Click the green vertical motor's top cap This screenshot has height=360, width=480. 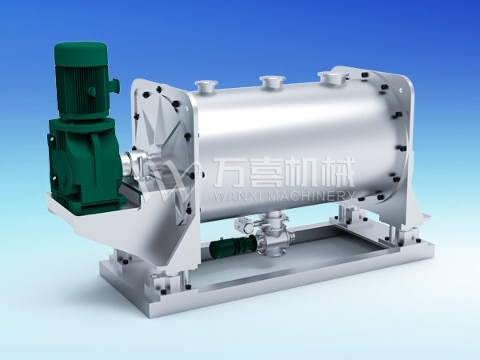coord(81,54)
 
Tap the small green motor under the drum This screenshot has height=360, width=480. coord(233,246)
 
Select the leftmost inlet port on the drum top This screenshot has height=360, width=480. coord(206,86)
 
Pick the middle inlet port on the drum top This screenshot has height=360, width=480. coord(272,82)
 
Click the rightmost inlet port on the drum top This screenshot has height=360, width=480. coord(333,77)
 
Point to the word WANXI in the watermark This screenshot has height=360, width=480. coord(238,196)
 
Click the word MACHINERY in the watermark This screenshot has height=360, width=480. coord(311,196)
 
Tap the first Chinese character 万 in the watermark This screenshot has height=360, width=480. coord(228,172)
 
